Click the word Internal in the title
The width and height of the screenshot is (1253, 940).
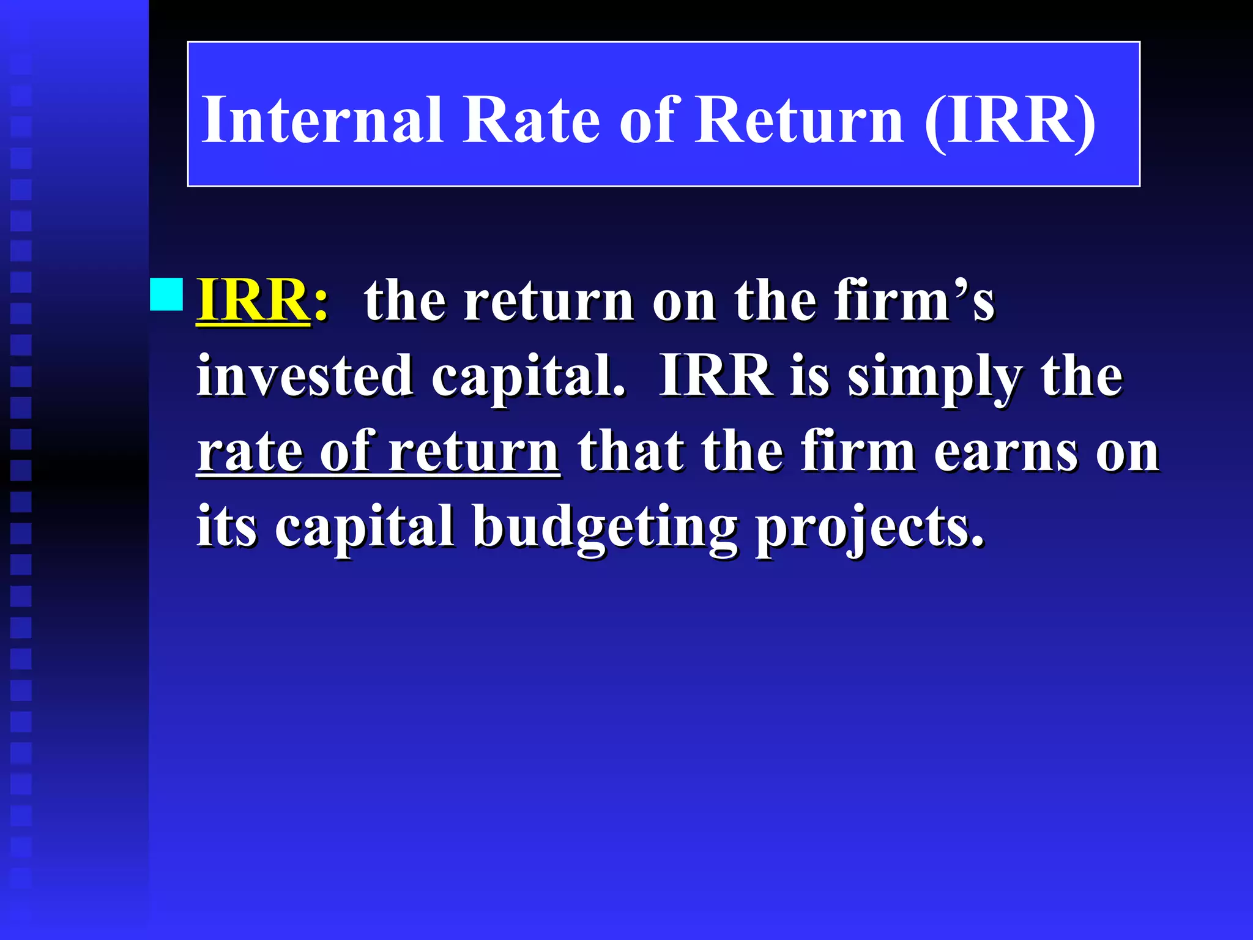322,120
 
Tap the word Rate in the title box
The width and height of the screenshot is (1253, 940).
531,120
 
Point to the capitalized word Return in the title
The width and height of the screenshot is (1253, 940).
799,120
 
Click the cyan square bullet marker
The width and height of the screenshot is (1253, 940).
166,294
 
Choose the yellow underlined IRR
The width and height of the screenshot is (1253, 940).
253,300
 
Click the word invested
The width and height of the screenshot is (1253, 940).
304,376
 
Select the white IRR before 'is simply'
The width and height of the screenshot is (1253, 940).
715,376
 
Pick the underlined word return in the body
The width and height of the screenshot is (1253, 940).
474,452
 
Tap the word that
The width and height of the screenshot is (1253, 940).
631,452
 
